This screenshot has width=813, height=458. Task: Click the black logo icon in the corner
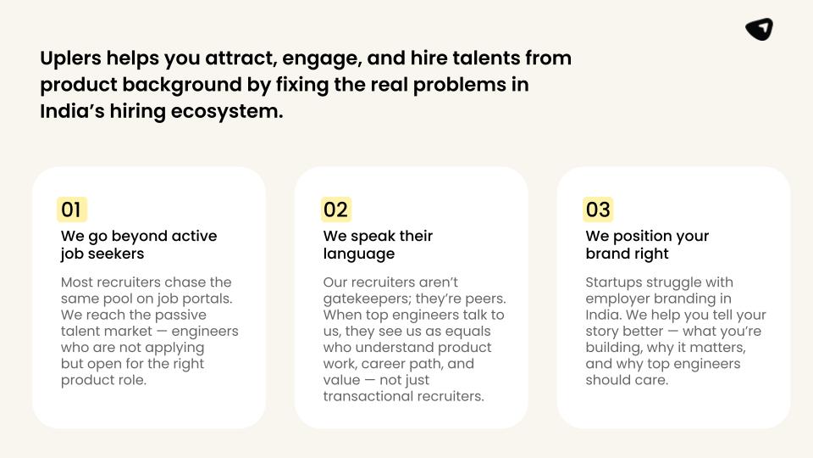tap(759, 29)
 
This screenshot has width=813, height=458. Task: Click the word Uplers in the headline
tap(70, 59)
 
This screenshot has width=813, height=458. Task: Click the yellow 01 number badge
tap(71, 209)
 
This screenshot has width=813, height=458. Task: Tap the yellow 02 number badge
tap(336, 209)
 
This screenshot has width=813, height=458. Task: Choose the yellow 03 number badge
tap(598, 209)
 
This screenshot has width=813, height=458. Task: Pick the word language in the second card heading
tap(359, 254)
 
